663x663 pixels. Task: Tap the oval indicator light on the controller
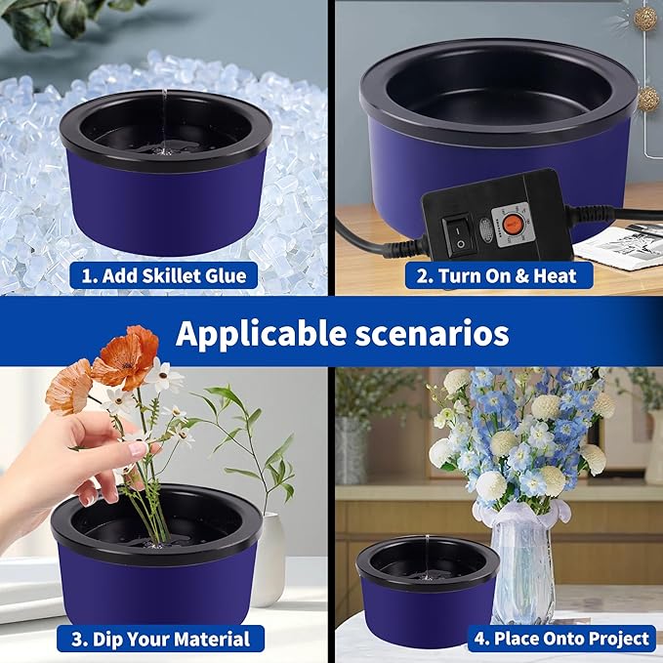tap(485, 229)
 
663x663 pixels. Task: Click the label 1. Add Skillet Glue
tap(163, 275)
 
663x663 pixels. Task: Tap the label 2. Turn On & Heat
tap(497, 275)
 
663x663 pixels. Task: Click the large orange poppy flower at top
tap(127, 357)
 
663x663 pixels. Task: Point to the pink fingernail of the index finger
tap(137, 449)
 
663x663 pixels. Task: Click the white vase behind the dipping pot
tap(268, 557)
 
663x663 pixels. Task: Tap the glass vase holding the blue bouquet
tap(522, 566)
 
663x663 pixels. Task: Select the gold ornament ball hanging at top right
tap(645, 17)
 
